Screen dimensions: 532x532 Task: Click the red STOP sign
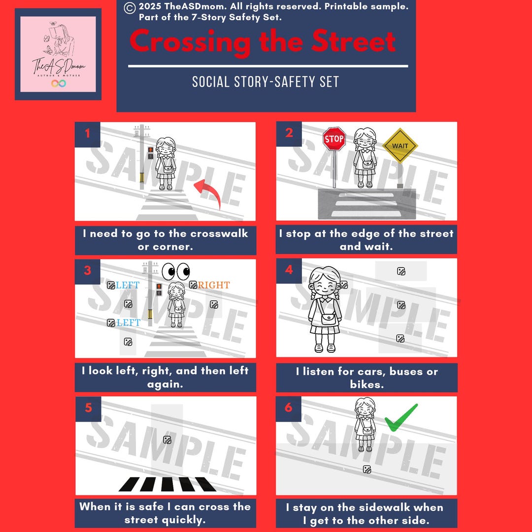(x=334, y=139)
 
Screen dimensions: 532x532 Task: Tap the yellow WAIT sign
(x=400, y=146)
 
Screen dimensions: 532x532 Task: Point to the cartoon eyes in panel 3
(x=176, y=270)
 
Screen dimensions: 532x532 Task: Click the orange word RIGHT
(x=214, y=285)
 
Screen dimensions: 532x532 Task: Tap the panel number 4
(x=289, y=270)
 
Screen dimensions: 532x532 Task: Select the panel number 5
(x=88, y=408)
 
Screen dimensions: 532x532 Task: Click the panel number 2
(x=289, y=133)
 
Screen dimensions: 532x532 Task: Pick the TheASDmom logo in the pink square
(x=58, y=54)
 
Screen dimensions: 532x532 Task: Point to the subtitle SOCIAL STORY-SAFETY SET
(x=266, y=82)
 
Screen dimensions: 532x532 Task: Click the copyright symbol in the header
(x=130, y=7)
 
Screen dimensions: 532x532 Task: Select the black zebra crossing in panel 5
(x=167, y=484)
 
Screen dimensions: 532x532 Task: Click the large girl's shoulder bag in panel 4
(x=329, y=319)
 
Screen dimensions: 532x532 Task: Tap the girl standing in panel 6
(x=365, y=424)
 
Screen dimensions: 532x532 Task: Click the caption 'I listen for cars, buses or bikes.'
(x=366, y=377)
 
